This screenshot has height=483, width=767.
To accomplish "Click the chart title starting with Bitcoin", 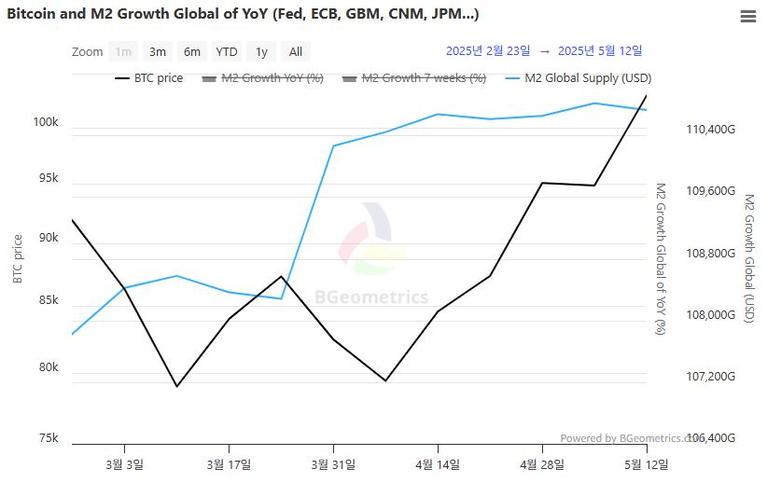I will (244, 15).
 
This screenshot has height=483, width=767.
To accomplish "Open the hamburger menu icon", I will (747, 17).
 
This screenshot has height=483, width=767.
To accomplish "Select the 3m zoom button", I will (158, 52).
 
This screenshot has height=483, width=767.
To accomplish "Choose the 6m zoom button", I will (191, 52).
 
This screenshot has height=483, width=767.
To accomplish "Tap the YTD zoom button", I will (226, 52).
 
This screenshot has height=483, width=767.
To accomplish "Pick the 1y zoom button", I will (261, 52).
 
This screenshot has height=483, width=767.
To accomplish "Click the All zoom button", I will (295, 52).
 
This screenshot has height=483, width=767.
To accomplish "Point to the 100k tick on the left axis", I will (46, 123).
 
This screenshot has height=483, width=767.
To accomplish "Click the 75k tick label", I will (48, 438).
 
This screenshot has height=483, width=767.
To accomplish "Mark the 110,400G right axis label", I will (710, 130).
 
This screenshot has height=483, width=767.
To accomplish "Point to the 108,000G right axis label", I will (710, 315).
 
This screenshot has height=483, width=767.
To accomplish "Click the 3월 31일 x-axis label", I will (332, 463).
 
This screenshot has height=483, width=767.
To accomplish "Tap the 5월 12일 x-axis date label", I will (646, 463).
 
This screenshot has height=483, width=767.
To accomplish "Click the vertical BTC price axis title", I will (17, 258).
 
